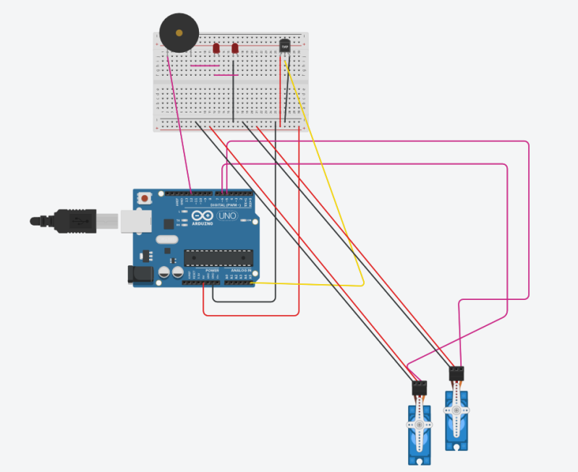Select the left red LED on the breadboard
pos(216,48)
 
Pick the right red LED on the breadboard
pos(235,48)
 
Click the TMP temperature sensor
pos(284,46)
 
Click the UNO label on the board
pos(228,215)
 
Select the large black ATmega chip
pos(218,258)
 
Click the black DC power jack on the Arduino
pos(139,273)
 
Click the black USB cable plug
pos(72,220)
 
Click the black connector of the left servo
pos(420,387)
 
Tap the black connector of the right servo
pos(456,374)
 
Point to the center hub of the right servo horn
pos(456,410)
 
